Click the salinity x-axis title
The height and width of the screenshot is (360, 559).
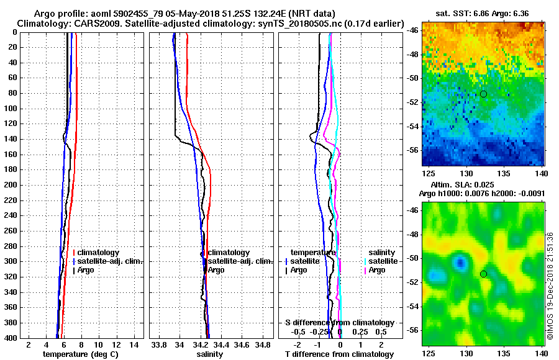pyautogui.click(x=209, y=354)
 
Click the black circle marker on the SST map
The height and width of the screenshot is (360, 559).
pyautogui.click(x=483, y=94)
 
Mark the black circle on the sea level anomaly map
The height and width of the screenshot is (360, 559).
pyautogui.click(x=483, y=274)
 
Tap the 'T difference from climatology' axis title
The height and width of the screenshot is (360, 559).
pyautogui.click(x=339, y=354)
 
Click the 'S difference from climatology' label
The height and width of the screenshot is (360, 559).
pyautogui.click(x=340, y=323)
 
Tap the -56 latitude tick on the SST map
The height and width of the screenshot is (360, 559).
pyautogui.click(x=414, y=150)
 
